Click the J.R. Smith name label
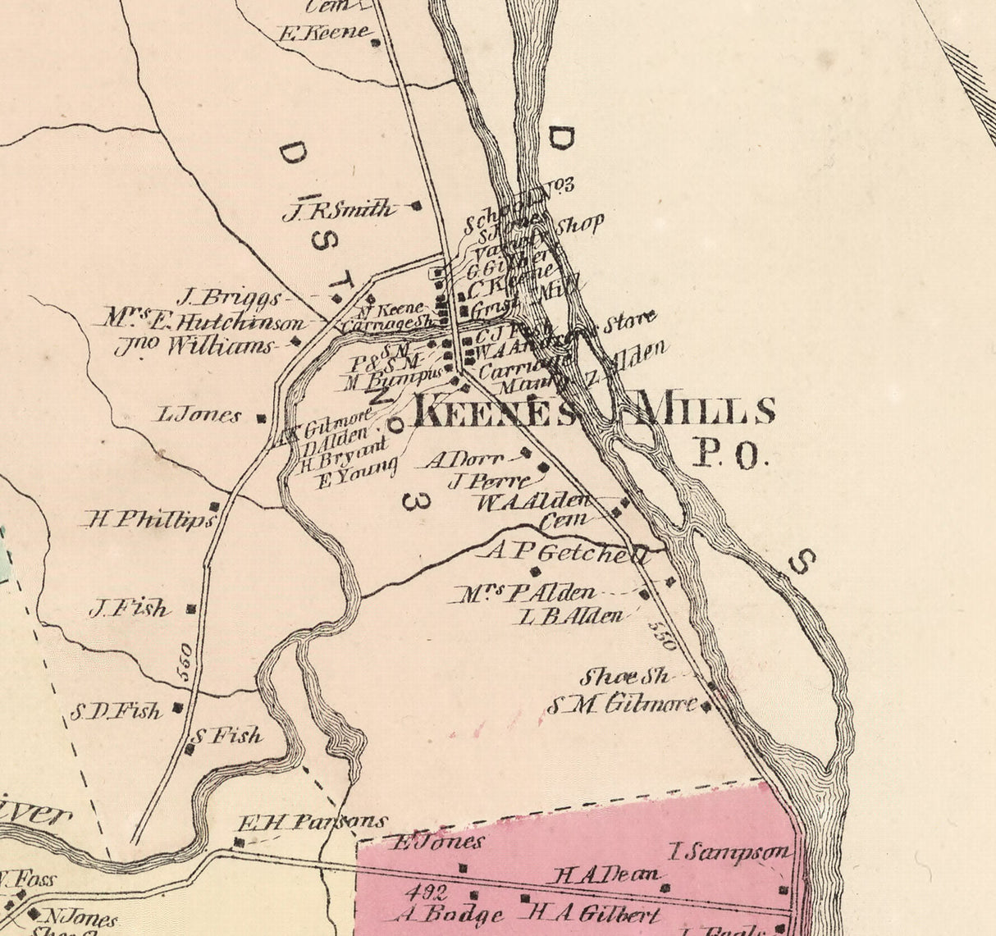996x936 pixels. (x=338, y=211)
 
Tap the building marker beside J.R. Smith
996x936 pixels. (x=416, y=206)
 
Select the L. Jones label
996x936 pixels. (x=199, y=415)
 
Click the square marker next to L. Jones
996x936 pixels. (x=262, y=418)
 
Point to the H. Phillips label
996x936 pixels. (x=149, y=519)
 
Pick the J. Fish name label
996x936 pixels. (x=130, y=609)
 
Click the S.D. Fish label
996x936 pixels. (x=116, y=711)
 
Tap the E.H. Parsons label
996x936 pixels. (x=312, y=821)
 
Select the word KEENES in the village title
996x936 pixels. (x=492, y=410)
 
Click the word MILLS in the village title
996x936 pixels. (x=706, y=409)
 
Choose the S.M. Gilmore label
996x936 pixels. (x=622, y=704)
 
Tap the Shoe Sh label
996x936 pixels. (x=625, y=677)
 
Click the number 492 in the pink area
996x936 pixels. (x=424, y=893)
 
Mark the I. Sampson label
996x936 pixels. (x=730, y=853)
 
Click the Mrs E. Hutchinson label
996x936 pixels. (x=204, y=320)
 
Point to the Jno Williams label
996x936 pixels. (x=194, y=346)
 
